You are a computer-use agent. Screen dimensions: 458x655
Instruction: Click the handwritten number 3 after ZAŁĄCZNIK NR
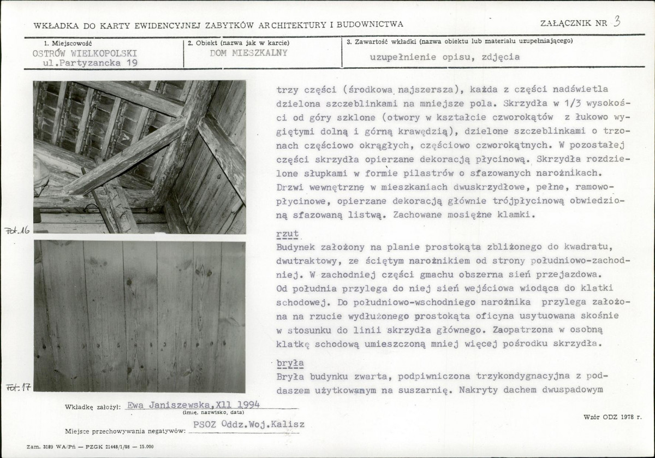[617, 21]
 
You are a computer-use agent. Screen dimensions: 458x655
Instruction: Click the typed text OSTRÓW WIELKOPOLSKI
[85, 53]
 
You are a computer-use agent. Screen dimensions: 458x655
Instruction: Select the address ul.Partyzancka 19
[90, 63]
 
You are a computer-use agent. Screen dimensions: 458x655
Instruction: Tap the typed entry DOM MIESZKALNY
[248, 53]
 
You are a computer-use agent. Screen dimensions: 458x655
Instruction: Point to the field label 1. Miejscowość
[68, 42]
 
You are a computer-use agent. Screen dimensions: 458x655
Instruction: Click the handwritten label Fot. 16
[17, 230]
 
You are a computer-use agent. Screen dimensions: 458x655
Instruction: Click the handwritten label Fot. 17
[17, 388]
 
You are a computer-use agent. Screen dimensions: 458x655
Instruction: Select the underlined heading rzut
[287, 234]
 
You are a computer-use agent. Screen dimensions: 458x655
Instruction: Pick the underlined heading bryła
[290, 363]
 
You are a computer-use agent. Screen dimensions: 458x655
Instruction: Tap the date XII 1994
[240, 405]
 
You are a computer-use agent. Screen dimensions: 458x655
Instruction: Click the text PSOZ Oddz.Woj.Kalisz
[249, 425]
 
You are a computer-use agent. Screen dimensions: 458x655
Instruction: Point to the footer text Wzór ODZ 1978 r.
[612, 417]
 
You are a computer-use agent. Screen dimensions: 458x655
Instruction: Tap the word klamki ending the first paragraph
[518, 215]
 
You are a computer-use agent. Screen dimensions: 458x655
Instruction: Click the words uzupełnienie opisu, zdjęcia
[444, 57]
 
